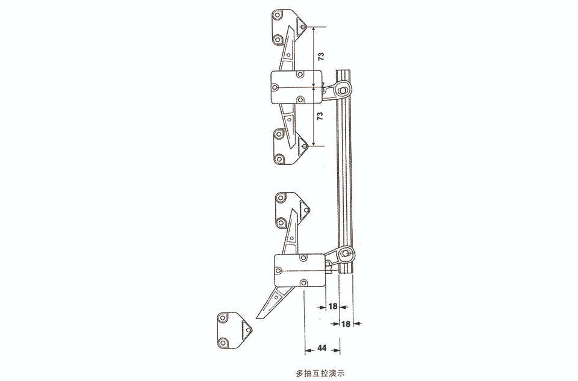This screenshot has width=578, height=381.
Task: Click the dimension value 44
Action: (x=322, y=348)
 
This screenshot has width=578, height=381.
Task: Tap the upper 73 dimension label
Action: (x=321, y=57)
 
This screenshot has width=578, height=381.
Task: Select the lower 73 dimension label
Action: (x=320, y=116)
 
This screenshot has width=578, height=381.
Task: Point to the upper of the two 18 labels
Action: (x=332, y=306)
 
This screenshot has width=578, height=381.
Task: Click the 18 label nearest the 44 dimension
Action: (x=346, y=324)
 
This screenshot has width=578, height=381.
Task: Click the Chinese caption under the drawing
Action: (x=320, y=373)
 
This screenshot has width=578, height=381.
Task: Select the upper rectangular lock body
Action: (x=297, y=87)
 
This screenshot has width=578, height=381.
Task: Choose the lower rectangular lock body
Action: (x=300, y=270)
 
